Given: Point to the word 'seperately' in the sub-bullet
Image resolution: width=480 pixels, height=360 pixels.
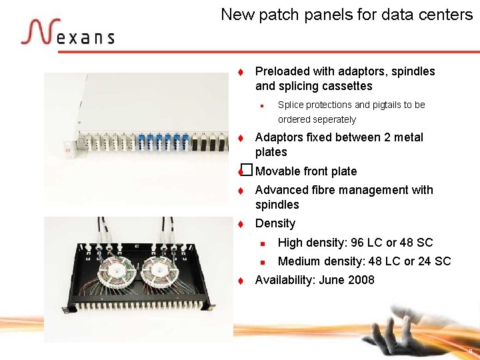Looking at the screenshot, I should point(317,120).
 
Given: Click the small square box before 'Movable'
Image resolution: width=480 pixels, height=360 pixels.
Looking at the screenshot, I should point(247,171).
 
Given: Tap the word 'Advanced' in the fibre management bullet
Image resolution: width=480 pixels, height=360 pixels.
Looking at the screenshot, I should point(281,190).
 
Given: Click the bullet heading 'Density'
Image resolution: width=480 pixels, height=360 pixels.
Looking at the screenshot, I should point(275,223).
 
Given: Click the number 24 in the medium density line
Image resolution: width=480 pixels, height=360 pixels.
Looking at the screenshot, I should point(425,261).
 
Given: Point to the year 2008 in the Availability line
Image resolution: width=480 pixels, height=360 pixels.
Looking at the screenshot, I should point(361,280).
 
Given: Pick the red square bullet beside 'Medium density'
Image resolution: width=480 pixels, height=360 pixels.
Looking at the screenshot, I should point(263,261).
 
